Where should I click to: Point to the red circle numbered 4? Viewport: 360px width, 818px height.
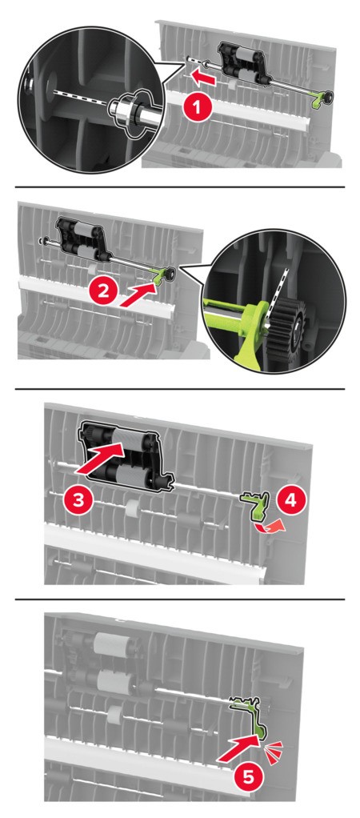pyautogui.click(x=290, y=499)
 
